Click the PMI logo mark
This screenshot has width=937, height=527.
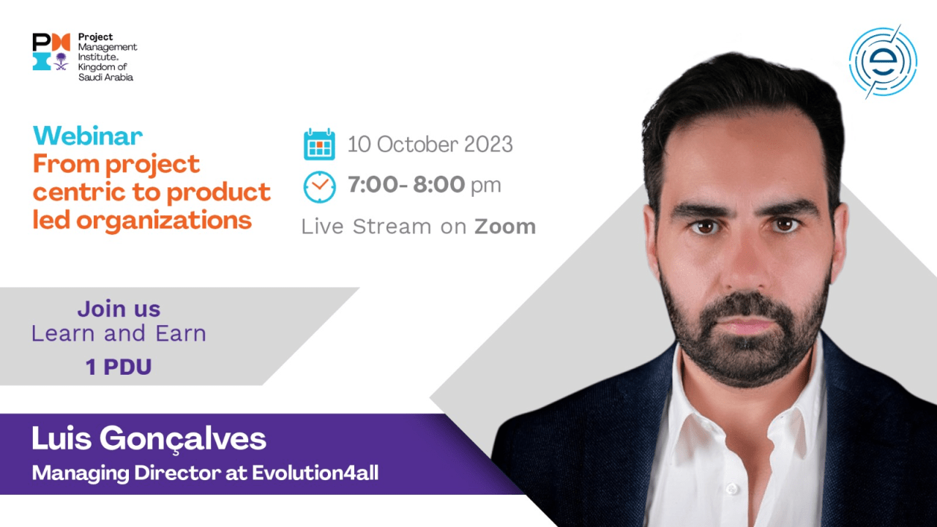(x=51, y=51)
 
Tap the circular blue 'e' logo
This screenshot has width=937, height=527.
(x=883, y=62)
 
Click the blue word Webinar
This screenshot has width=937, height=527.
(x=88, y=136)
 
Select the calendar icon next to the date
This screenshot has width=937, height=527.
(x=319, y=144)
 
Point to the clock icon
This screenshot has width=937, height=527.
(x=319, y=187)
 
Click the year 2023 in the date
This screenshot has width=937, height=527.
(x=488, y=144)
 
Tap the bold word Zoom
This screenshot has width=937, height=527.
(x=505, y=227)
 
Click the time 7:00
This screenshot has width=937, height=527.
(x=373, y=184)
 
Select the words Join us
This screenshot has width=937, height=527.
(x=119, y=309)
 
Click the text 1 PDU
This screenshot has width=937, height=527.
(x=119, y=367)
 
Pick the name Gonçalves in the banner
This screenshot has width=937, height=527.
(x=182, y=439)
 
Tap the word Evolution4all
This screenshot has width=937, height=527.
(x=315, y=473)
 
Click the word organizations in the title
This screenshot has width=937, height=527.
(x=163, y=220)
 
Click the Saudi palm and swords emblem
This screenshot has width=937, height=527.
(x=61, y=61)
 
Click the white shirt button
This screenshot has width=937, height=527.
(x=731, y=488)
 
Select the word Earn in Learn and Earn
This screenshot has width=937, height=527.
(x=181, y=334)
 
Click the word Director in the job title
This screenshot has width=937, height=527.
(x=177, y=473)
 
